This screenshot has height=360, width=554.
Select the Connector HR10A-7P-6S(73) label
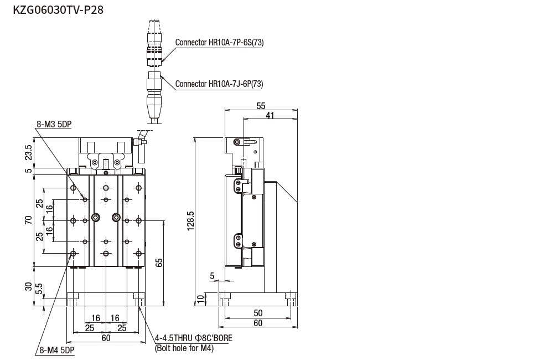point(219,42)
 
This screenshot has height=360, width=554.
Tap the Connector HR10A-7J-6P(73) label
point(219,84)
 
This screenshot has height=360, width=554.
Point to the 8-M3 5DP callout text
point(54,125)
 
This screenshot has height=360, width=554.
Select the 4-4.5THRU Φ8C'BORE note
point(194,338)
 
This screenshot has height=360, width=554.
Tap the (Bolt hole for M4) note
point(184,348)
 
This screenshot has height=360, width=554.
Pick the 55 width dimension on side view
point(261,106)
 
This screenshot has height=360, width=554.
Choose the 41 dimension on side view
point(270,115)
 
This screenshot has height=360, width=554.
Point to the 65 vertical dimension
point(159,263)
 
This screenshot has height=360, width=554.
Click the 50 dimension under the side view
point(258,313)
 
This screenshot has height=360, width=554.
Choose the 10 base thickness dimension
point(200,299)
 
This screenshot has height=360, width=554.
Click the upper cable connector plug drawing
point(155,42)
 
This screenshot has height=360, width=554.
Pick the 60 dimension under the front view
point(106,338)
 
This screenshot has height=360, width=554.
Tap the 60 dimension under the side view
point(258,323)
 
